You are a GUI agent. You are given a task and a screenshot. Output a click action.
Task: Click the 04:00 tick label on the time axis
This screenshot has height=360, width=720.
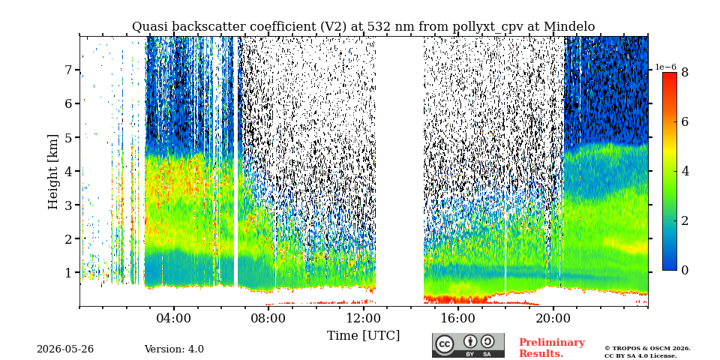pos(174,319)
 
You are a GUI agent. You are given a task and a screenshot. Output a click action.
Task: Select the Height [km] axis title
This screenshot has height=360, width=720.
pos(54,172)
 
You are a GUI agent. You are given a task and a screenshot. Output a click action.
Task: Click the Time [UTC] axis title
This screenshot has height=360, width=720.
pos(363,336)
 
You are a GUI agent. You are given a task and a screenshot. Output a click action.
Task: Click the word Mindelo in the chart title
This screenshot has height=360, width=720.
pos(569,27)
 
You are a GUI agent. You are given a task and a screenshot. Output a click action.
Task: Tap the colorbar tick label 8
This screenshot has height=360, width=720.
pos(685,72)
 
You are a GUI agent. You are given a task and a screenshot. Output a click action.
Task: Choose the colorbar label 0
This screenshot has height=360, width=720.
pos(685,270)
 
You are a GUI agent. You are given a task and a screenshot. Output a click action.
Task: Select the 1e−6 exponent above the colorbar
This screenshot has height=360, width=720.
pos(665,67)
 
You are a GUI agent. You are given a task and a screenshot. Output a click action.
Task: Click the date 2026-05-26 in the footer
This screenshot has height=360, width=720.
pos(65,349)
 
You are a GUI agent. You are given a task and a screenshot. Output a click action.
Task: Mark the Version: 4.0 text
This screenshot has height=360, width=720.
pos(174,349)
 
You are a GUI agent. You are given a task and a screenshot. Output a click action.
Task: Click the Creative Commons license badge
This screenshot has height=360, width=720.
pos(468,345)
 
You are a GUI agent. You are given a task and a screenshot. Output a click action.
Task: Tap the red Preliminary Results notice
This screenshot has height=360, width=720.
pos(551,348)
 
